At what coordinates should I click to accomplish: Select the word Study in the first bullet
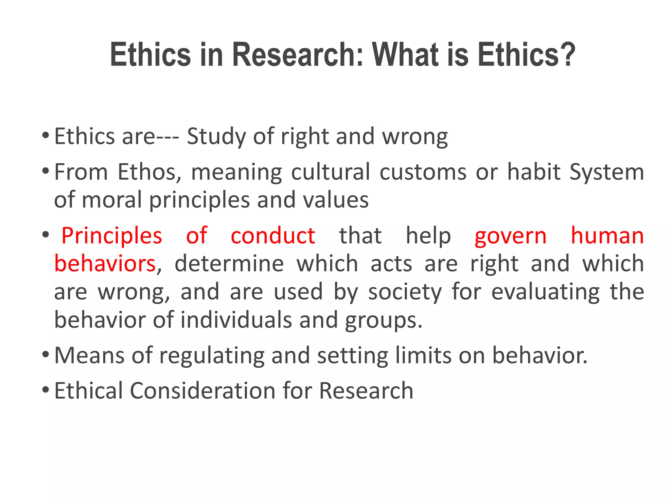pyautogui.click(x=216, y=137)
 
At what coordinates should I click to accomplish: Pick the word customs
pyautogui.click(x=423, y=172)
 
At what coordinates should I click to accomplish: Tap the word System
pyautogui.click(x=607, y=172)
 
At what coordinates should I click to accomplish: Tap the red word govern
pyautogui.click(x=510, y=236)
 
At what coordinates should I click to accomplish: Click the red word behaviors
pyautogui.click(x=105, y=263)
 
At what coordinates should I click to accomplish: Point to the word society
pyautogui.click(x=405, y=292)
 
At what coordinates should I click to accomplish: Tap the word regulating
pyautogui.click(x=212, y=356)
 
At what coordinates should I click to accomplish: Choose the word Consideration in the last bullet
pyautogui.click(x=203, y=391)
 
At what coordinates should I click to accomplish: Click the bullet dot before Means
pyautogui.click(x=46, y=354)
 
